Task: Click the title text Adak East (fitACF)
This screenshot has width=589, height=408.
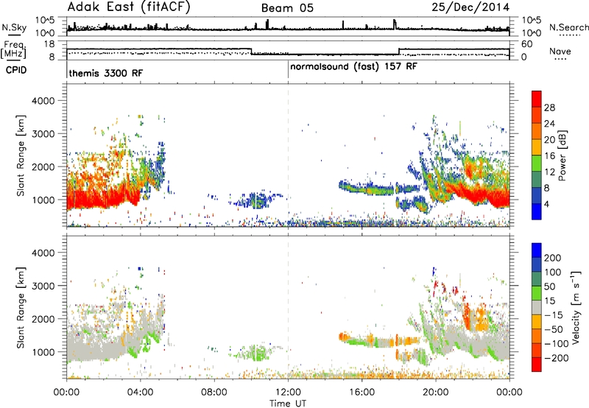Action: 129,7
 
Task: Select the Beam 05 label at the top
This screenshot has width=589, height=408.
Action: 287,8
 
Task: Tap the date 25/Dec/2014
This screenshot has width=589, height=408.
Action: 470,7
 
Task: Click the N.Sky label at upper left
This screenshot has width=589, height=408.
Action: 14,27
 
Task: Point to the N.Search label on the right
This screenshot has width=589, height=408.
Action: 568,27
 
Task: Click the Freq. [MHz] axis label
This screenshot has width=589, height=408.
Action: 15,49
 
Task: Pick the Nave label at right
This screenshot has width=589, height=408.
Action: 560,51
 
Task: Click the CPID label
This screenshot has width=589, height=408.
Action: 16,70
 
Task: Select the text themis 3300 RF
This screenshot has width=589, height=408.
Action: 106,73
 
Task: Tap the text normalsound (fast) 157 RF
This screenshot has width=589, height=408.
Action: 353,66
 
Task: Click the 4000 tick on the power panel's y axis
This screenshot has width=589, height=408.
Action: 43,101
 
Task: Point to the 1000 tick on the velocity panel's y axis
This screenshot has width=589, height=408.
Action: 43,352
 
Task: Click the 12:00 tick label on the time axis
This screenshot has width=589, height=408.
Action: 288,393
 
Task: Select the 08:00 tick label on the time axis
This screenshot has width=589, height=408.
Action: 214,393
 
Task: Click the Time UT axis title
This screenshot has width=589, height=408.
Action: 288,404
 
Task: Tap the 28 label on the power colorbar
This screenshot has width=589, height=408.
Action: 549,108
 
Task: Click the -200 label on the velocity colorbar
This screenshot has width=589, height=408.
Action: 556,358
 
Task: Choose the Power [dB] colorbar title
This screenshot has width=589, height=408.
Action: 562,155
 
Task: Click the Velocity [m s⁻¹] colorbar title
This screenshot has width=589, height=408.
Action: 576,307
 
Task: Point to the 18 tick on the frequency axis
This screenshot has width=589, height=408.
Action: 49,44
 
